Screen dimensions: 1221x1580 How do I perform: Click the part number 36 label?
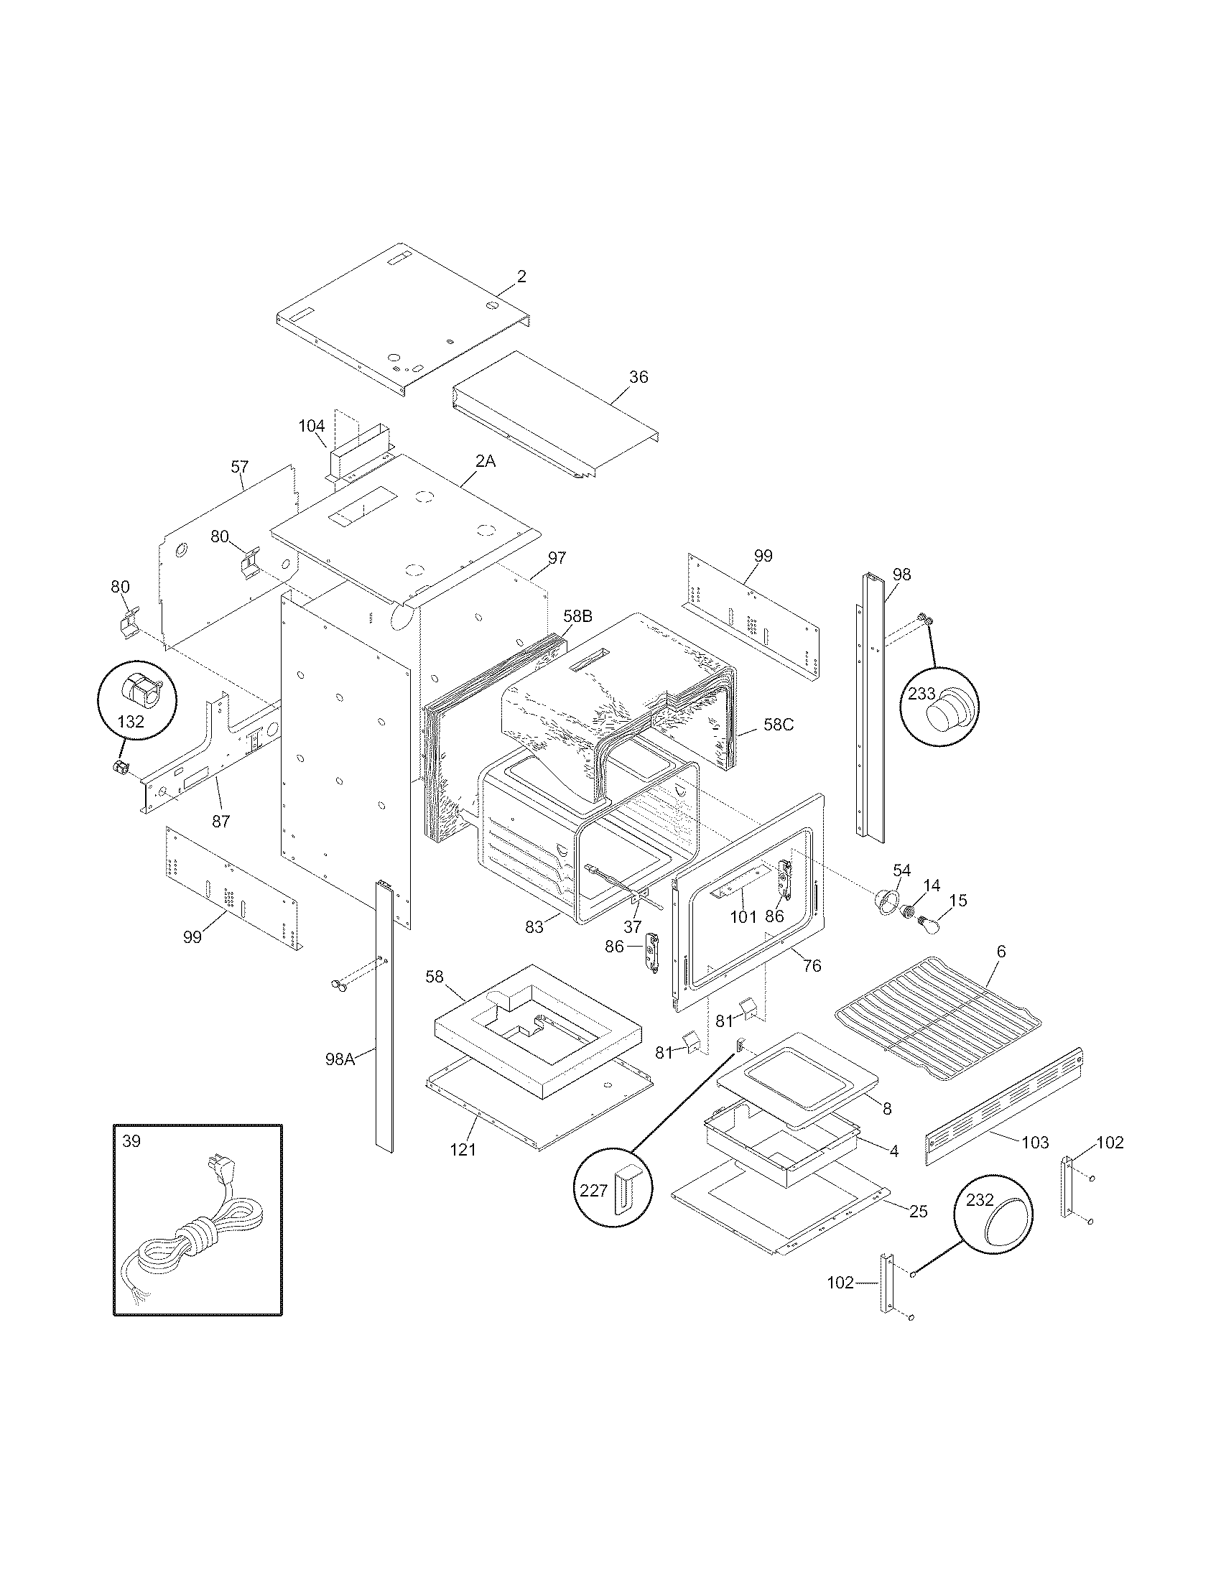tap(639, 377)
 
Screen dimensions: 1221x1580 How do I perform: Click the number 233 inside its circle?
tap(922, 694)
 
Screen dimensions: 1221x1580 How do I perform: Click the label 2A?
tap(486, 461)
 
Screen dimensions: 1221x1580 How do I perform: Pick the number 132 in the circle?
tap(131, 721)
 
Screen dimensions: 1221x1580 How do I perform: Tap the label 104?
tap(312, 426)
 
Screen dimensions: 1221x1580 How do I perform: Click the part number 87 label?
tap(220, 821)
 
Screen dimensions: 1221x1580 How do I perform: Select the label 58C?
tap(779, 724)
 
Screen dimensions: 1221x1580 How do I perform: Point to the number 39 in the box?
tap(131, 1142)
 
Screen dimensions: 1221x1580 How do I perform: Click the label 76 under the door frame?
tap(812, 966)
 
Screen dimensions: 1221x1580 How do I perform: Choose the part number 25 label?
tap(918, 1211)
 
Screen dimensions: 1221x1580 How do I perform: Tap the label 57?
tap(240, 467)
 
